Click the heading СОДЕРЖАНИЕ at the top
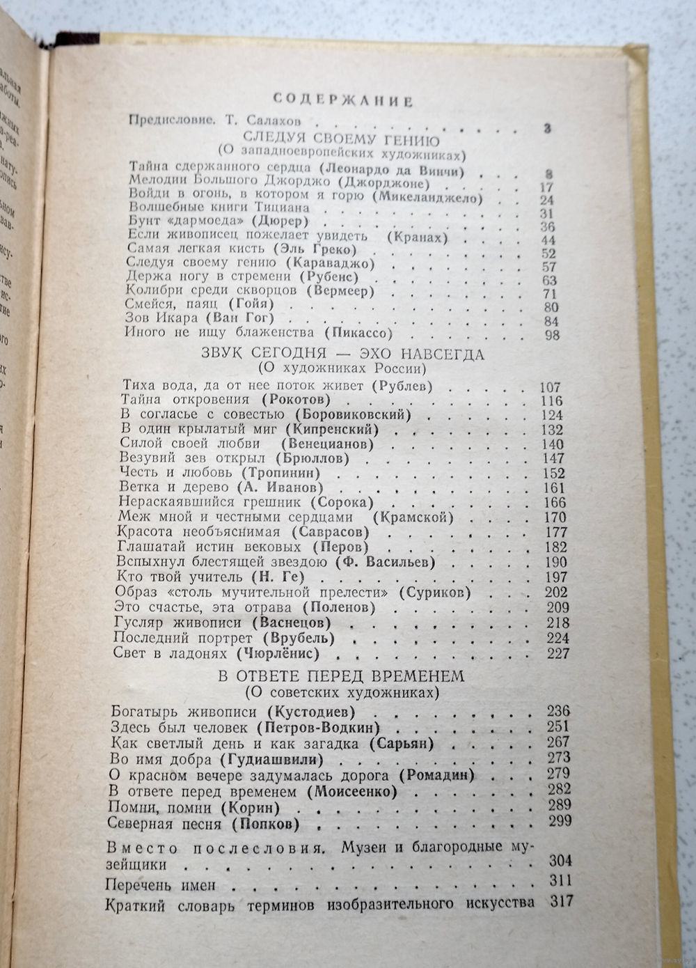(343, 100)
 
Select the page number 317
(560, 901)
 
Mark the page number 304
(560, 860)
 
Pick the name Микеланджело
(427, 197)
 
